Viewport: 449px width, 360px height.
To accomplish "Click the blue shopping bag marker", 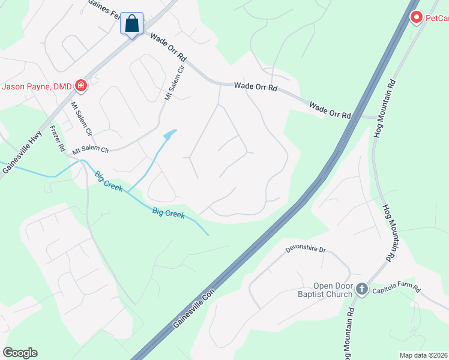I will pos(132,25).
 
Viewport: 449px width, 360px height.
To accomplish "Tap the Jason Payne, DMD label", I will pos(36,86).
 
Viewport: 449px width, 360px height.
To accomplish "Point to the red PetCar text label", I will pos(437,19).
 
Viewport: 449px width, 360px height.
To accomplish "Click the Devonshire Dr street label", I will pos(305,249).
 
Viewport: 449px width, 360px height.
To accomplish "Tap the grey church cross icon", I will pos(361,289).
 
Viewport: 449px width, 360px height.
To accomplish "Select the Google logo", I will pos(20,353).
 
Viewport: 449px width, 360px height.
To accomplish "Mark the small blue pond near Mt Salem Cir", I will pos(171,133).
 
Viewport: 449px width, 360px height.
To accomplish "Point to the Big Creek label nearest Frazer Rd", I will pos(109,182).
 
